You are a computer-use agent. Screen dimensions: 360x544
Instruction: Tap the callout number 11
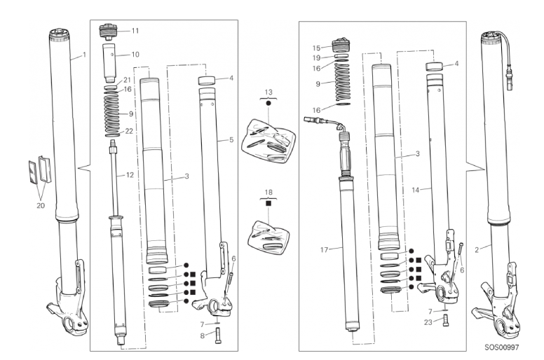tap(135, 31)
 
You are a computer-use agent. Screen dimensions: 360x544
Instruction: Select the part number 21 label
tap(128, 79)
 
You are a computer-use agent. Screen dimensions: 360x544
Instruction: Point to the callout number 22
tap(129, 131)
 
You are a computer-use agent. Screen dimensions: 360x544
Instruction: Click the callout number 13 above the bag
tap(267, 92)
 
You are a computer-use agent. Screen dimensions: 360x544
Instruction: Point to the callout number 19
tap(318, 58)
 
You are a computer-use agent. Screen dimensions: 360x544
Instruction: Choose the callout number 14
tap(415, 188)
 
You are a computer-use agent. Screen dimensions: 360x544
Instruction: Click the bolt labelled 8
tap(218, 333)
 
